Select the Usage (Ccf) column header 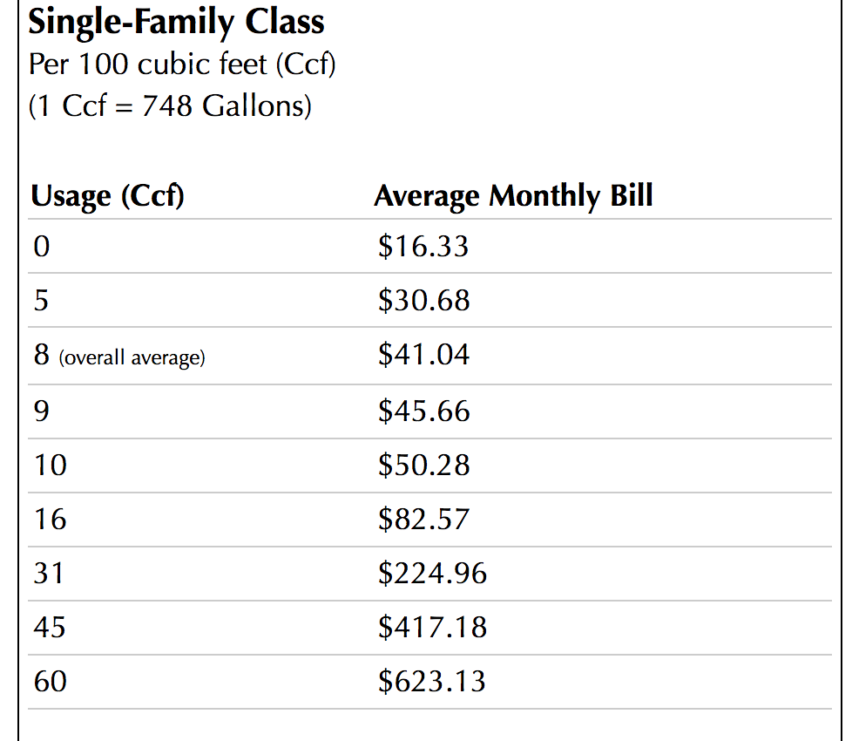[x=107, y=196]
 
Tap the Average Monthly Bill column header [x=513, y=196]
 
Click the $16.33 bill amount [x=423, y=247]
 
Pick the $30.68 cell [x=423, y=301]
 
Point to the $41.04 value [x=423, y=355]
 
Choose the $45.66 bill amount [x=423, y=410]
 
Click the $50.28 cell [x=423, y=465]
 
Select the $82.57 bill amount [x=423, y=520]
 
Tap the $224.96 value [x=432, y=574]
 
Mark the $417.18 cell [x=432, y=628]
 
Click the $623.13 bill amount [x=432, y=681]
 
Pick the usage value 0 [x=41, y=247]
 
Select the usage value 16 [x=50, y=520]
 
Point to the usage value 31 [x=50, y=574]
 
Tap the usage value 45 [x=50, y=628]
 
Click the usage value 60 [x=50, y=681]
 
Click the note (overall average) [x=132, y=357]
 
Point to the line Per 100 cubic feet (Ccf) [x=182, y=65]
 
